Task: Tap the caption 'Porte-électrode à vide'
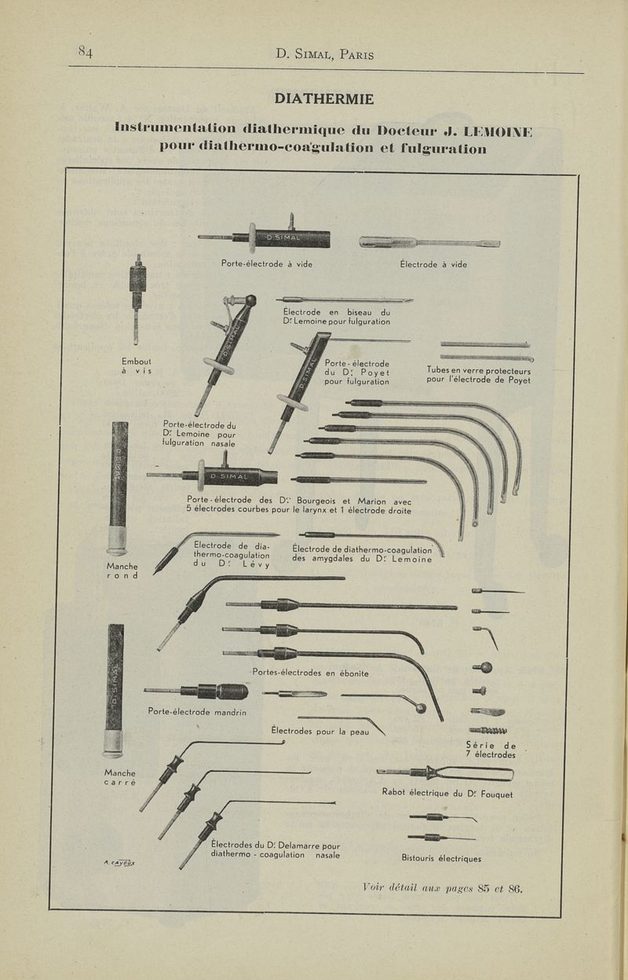click(x=267, y=264)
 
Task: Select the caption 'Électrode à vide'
click(x=433, y=264)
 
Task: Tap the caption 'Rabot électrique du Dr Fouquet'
click(x=447, y=793)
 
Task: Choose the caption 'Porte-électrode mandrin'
click(x=198, y=712)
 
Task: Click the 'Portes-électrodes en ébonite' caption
click(x=310, y=673)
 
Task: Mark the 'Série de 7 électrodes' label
click(x=491, y=750)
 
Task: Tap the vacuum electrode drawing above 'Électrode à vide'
click(x=429, y=243)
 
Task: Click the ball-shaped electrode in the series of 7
click(x=484, y=668)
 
